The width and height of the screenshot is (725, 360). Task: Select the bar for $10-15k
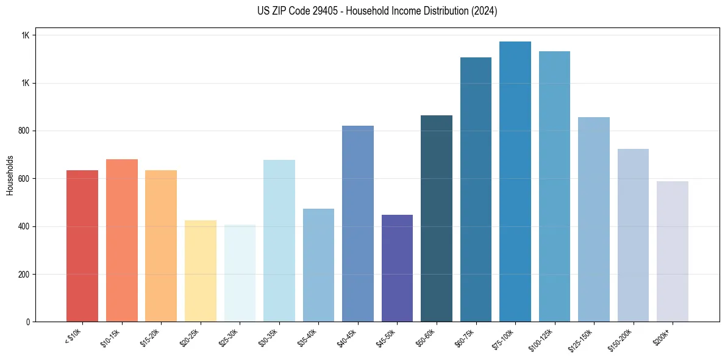pos(122,240)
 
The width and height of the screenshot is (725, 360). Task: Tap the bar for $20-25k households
pos(201,271)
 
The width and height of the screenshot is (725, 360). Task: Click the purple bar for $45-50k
pos(397,268)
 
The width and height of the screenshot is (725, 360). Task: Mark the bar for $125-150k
pos(594,219)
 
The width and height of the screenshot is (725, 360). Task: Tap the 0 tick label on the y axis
pos(27,322)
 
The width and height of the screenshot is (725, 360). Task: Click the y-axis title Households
pos(10,175)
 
